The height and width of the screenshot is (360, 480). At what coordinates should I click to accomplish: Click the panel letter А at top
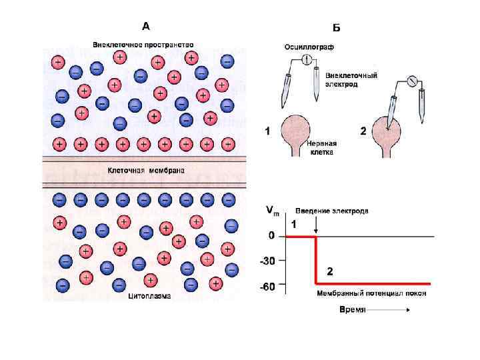[x=146, y=27]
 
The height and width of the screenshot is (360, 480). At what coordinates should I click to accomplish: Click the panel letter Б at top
[x=336, y=28]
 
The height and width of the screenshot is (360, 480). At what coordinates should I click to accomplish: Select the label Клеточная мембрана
[x=147, y=171]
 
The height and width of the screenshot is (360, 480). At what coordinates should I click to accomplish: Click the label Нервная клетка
[x=320, y=147]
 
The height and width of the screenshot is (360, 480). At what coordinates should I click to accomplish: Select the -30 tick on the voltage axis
[x=268, y=261]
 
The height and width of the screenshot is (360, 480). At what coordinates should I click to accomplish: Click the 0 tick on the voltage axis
[x=271, y=236]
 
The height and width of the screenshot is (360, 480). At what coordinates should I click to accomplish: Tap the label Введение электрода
[x=332, y=211]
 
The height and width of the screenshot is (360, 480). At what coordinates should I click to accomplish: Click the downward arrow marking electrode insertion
[x=316, y=227]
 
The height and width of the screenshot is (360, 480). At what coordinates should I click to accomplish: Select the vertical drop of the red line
[x=315, y=260]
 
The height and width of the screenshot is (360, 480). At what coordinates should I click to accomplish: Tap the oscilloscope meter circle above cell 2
[x=411, y=82]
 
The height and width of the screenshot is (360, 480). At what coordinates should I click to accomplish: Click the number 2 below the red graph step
[x=329, y=271]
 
